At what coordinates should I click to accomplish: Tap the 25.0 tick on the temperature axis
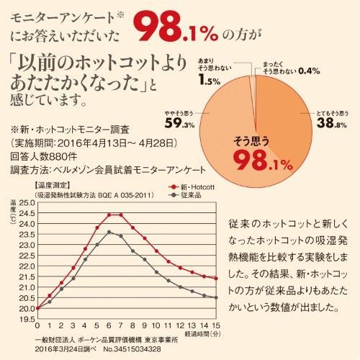(26, 203)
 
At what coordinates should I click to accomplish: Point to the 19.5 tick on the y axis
(26, 318)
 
